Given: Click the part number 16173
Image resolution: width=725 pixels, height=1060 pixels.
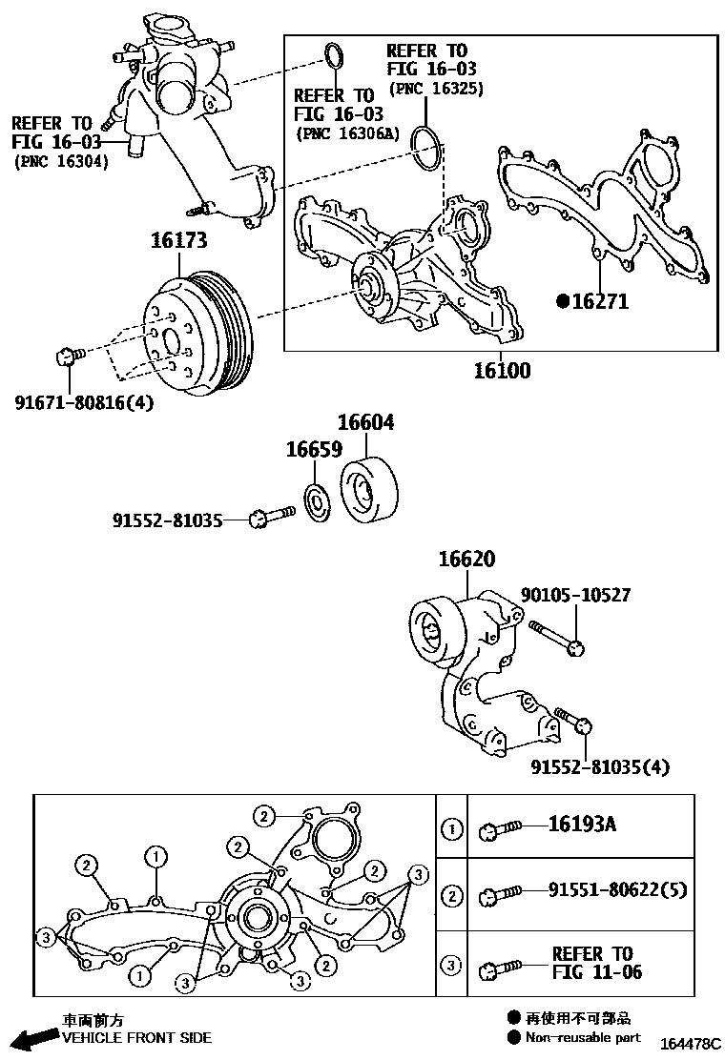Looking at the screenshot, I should point(178,241).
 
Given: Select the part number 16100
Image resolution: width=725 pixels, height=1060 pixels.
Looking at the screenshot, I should point(503,371).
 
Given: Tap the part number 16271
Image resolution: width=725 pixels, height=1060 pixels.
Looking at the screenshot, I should point(600,301).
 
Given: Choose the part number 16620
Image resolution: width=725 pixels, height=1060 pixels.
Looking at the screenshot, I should point(466,561).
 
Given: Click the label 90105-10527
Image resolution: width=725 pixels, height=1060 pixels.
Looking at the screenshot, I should point(575,596).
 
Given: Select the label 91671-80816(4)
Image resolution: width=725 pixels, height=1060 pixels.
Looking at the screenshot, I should point(84,402).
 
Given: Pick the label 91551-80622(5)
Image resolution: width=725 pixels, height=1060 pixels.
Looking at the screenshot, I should point(617,890).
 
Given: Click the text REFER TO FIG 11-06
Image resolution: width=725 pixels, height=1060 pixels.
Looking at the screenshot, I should point(597,963).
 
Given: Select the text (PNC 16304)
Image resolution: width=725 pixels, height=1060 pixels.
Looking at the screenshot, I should point(61,162).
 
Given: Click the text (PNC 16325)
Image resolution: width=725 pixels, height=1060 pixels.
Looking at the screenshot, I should point(436,89).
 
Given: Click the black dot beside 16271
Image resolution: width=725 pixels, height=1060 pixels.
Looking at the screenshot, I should point(563,301).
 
